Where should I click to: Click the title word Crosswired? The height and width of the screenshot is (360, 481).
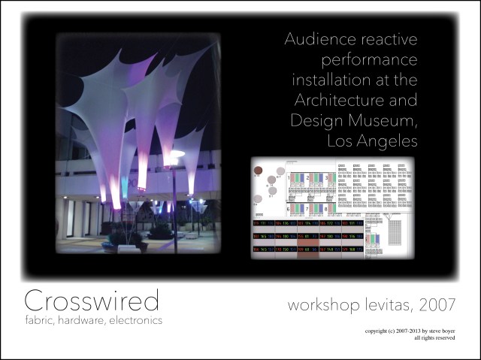coord(92,301)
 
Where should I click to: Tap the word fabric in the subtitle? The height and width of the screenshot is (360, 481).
coord(42,319)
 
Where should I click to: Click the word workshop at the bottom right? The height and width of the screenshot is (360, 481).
coord(315,305)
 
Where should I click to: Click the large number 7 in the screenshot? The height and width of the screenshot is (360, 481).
coord(308,208)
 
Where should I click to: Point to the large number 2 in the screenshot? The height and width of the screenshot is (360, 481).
coord(308,177)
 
